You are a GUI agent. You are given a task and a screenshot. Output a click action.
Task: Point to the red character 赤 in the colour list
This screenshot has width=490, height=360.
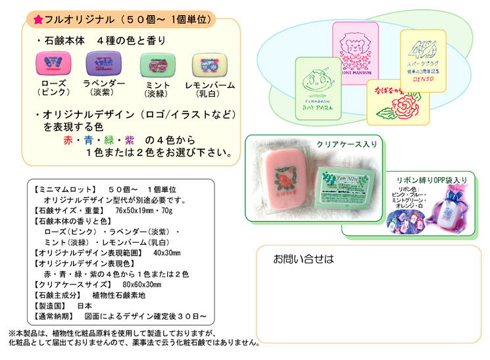[68, 140]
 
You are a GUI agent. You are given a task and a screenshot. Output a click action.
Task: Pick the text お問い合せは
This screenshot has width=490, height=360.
[303, 259]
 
